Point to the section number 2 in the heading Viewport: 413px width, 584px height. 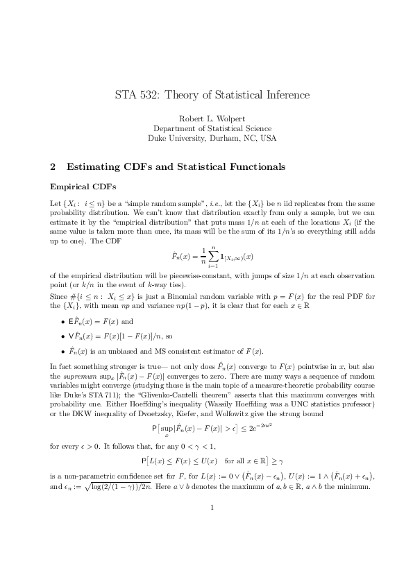53,166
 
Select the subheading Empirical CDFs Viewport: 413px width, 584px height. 78,187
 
